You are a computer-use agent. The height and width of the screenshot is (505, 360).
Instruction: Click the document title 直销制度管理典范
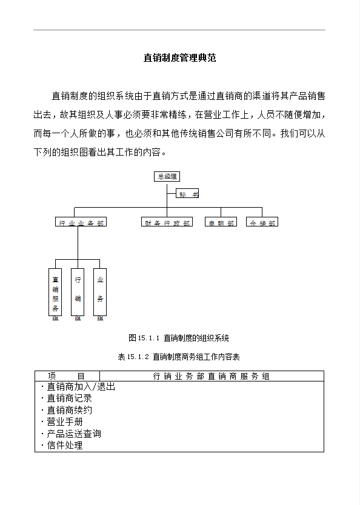pyautogui.click(x=180, y=58)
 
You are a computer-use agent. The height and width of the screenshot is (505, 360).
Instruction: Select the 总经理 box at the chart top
pyautogui.click(x=167, y=177)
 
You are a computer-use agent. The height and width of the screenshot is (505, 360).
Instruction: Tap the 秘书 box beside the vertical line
pyautogui.click(x=188, y=194)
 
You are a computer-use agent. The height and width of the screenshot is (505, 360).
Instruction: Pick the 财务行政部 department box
pyautogui.click(x=167, y=223)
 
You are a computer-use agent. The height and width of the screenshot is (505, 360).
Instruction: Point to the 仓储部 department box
pyautogui.click(x=262, y=223)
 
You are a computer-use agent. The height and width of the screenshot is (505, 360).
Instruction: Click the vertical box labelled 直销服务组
pyautogui.click(x=55, y=292)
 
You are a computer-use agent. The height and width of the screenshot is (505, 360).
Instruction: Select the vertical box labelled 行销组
pyautogui.click(x=78, y=292)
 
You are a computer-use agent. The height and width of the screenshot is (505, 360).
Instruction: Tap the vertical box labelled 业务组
pyautogui.click(x=100, y=292)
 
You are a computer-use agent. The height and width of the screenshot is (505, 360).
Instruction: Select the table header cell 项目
pyautogui.click(x=67, y=376)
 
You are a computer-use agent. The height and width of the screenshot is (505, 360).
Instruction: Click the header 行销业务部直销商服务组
pyautogui.click(x=212, y=376)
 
